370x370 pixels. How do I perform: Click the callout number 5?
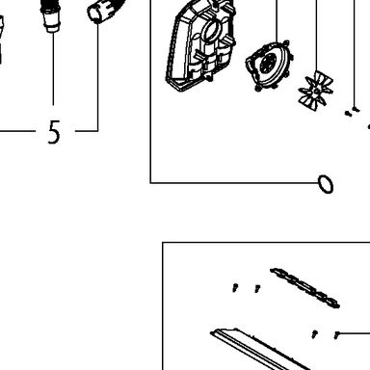[54, 132]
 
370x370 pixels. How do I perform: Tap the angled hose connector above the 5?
[103, 12]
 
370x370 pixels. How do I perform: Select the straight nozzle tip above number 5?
[51, 16]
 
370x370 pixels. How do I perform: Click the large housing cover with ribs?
[200, 45]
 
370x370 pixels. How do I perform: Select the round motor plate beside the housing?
[269, 66]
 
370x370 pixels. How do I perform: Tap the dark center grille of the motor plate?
[268, 63]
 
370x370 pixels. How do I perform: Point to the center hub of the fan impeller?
[317, 92]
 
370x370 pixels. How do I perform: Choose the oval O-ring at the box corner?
[326, 184]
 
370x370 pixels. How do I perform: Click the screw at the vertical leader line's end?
[356, 110]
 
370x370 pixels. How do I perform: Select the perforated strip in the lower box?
[304, 288]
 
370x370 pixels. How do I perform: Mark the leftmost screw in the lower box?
[235, 287]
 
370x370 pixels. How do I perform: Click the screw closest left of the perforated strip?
[257, 288]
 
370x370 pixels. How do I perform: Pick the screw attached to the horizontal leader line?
[336, 334]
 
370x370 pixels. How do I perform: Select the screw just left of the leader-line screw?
[315, 333]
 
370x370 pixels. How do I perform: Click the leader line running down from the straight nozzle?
[53, 69]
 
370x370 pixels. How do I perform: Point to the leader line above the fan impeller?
[316, 36]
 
